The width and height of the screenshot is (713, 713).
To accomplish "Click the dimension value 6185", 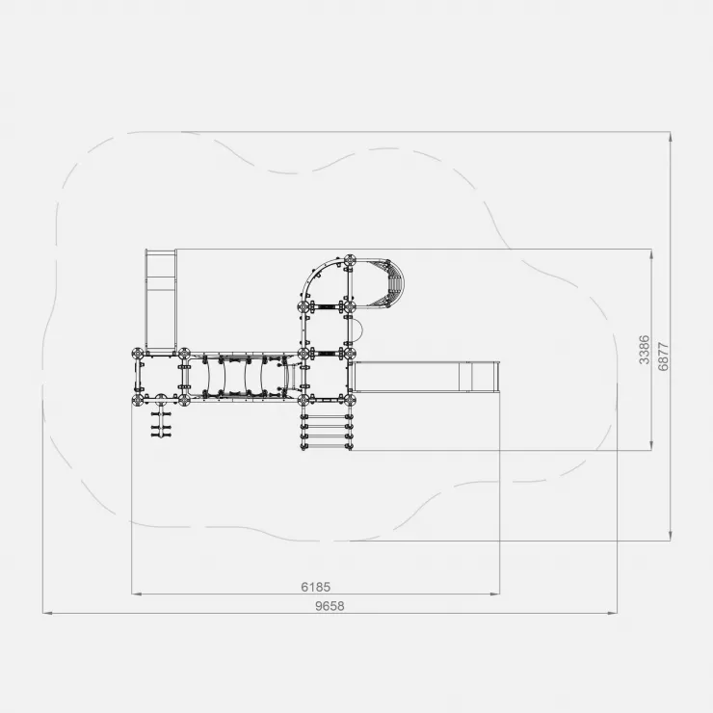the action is (x=316, y=587).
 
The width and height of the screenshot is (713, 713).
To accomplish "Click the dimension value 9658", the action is (x=330, y=606).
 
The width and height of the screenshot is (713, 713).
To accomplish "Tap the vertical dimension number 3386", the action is (x=645, y=350).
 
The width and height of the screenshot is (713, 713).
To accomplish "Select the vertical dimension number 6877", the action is (x=664, y=356).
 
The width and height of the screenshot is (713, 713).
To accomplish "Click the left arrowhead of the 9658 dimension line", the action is (x=47, y=613).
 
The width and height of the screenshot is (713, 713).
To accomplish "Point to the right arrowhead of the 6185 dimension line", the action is (x=495, y=594).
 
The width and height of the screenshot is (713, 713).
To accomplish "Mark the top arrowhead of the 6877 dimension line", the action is (x=671, y=137).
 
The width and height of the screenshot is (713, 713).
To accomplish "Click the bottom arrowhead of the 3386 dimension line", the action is (x=651, y=445).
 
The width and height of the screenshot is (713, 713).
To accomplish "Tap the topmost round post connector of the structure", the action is (x=349, y=261).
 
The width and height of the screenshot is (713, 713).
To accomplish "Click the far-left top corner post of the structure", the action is (x=138, y=354).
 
